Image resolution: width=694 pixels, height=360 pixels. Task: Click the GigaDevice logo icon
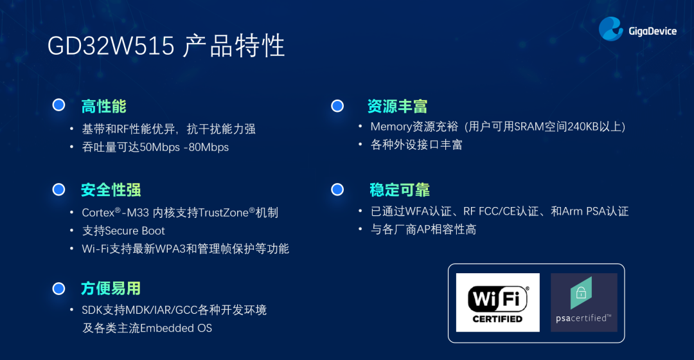pyautogui.click(x=611, y=29)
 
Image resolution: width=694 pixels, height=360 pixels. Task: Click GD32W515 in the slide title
pyautogui.click(x=111, y=46)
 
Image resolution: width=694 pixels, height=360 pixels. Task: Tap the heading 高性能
pyautogui.click(x=103, y=106)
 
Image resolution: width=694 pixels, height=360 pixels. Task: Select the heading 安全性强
pyautogui.click(x=111, y=190)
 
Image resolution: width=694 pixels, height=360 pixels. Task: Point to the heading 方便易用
pyautogui.click(x=111, y=288)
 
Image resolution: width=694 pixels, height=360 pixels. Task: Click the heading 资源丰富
pyautogui.click(x=398, y=106)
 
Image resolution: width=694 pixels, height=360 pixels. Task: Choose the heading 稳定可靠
pyautogui.click(x=400, y=190)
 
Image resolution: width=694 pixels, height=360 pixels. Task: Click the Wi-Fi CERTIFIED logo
pyautogui.click(x=497, y=302)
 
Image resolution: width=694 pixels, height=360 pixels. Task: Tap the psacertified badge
pyautogui.click(x=583, y=302)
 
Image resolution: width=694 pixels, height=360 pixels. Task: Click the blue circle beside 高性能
pyautogui.click(x=59, y=105)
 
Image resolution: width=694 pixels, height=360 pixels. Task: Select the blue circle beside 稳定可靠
pyautogui.click(x=337, y=190)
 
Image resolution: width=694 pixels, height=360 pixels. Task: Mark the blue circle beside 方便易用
pyautogui.click(x=59, y=289)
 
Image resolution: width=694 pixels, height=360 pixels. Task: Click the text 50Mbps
pyautogui.click(x=160, y=147)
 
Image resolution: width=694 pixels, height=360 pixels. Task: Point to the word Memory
pyautogui.click(x=391, y=127)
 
